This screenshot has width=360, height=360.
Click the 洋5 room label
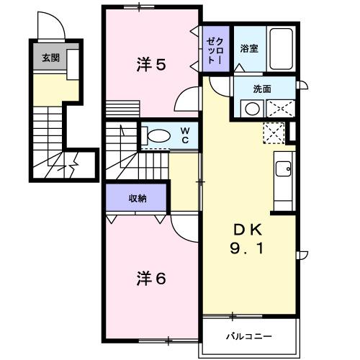coord(151,65)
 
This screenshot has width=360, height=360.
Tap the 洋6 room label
coord(151,277)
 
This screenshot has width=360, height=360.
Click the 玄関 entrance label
coord(50,58)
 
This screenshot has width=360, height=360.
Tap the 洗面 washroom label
coord(261,90)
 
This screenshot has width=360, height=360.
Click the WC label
coord(185,135)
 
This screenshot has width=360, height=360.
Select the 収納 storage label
coord(138,198)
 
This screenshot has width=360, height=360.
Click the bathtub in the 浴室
coord(281,48)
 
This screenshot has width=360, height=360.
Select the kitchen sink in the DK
coord(283,170)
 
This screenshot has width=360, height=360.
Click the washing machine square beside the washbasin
coord(282,109)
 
